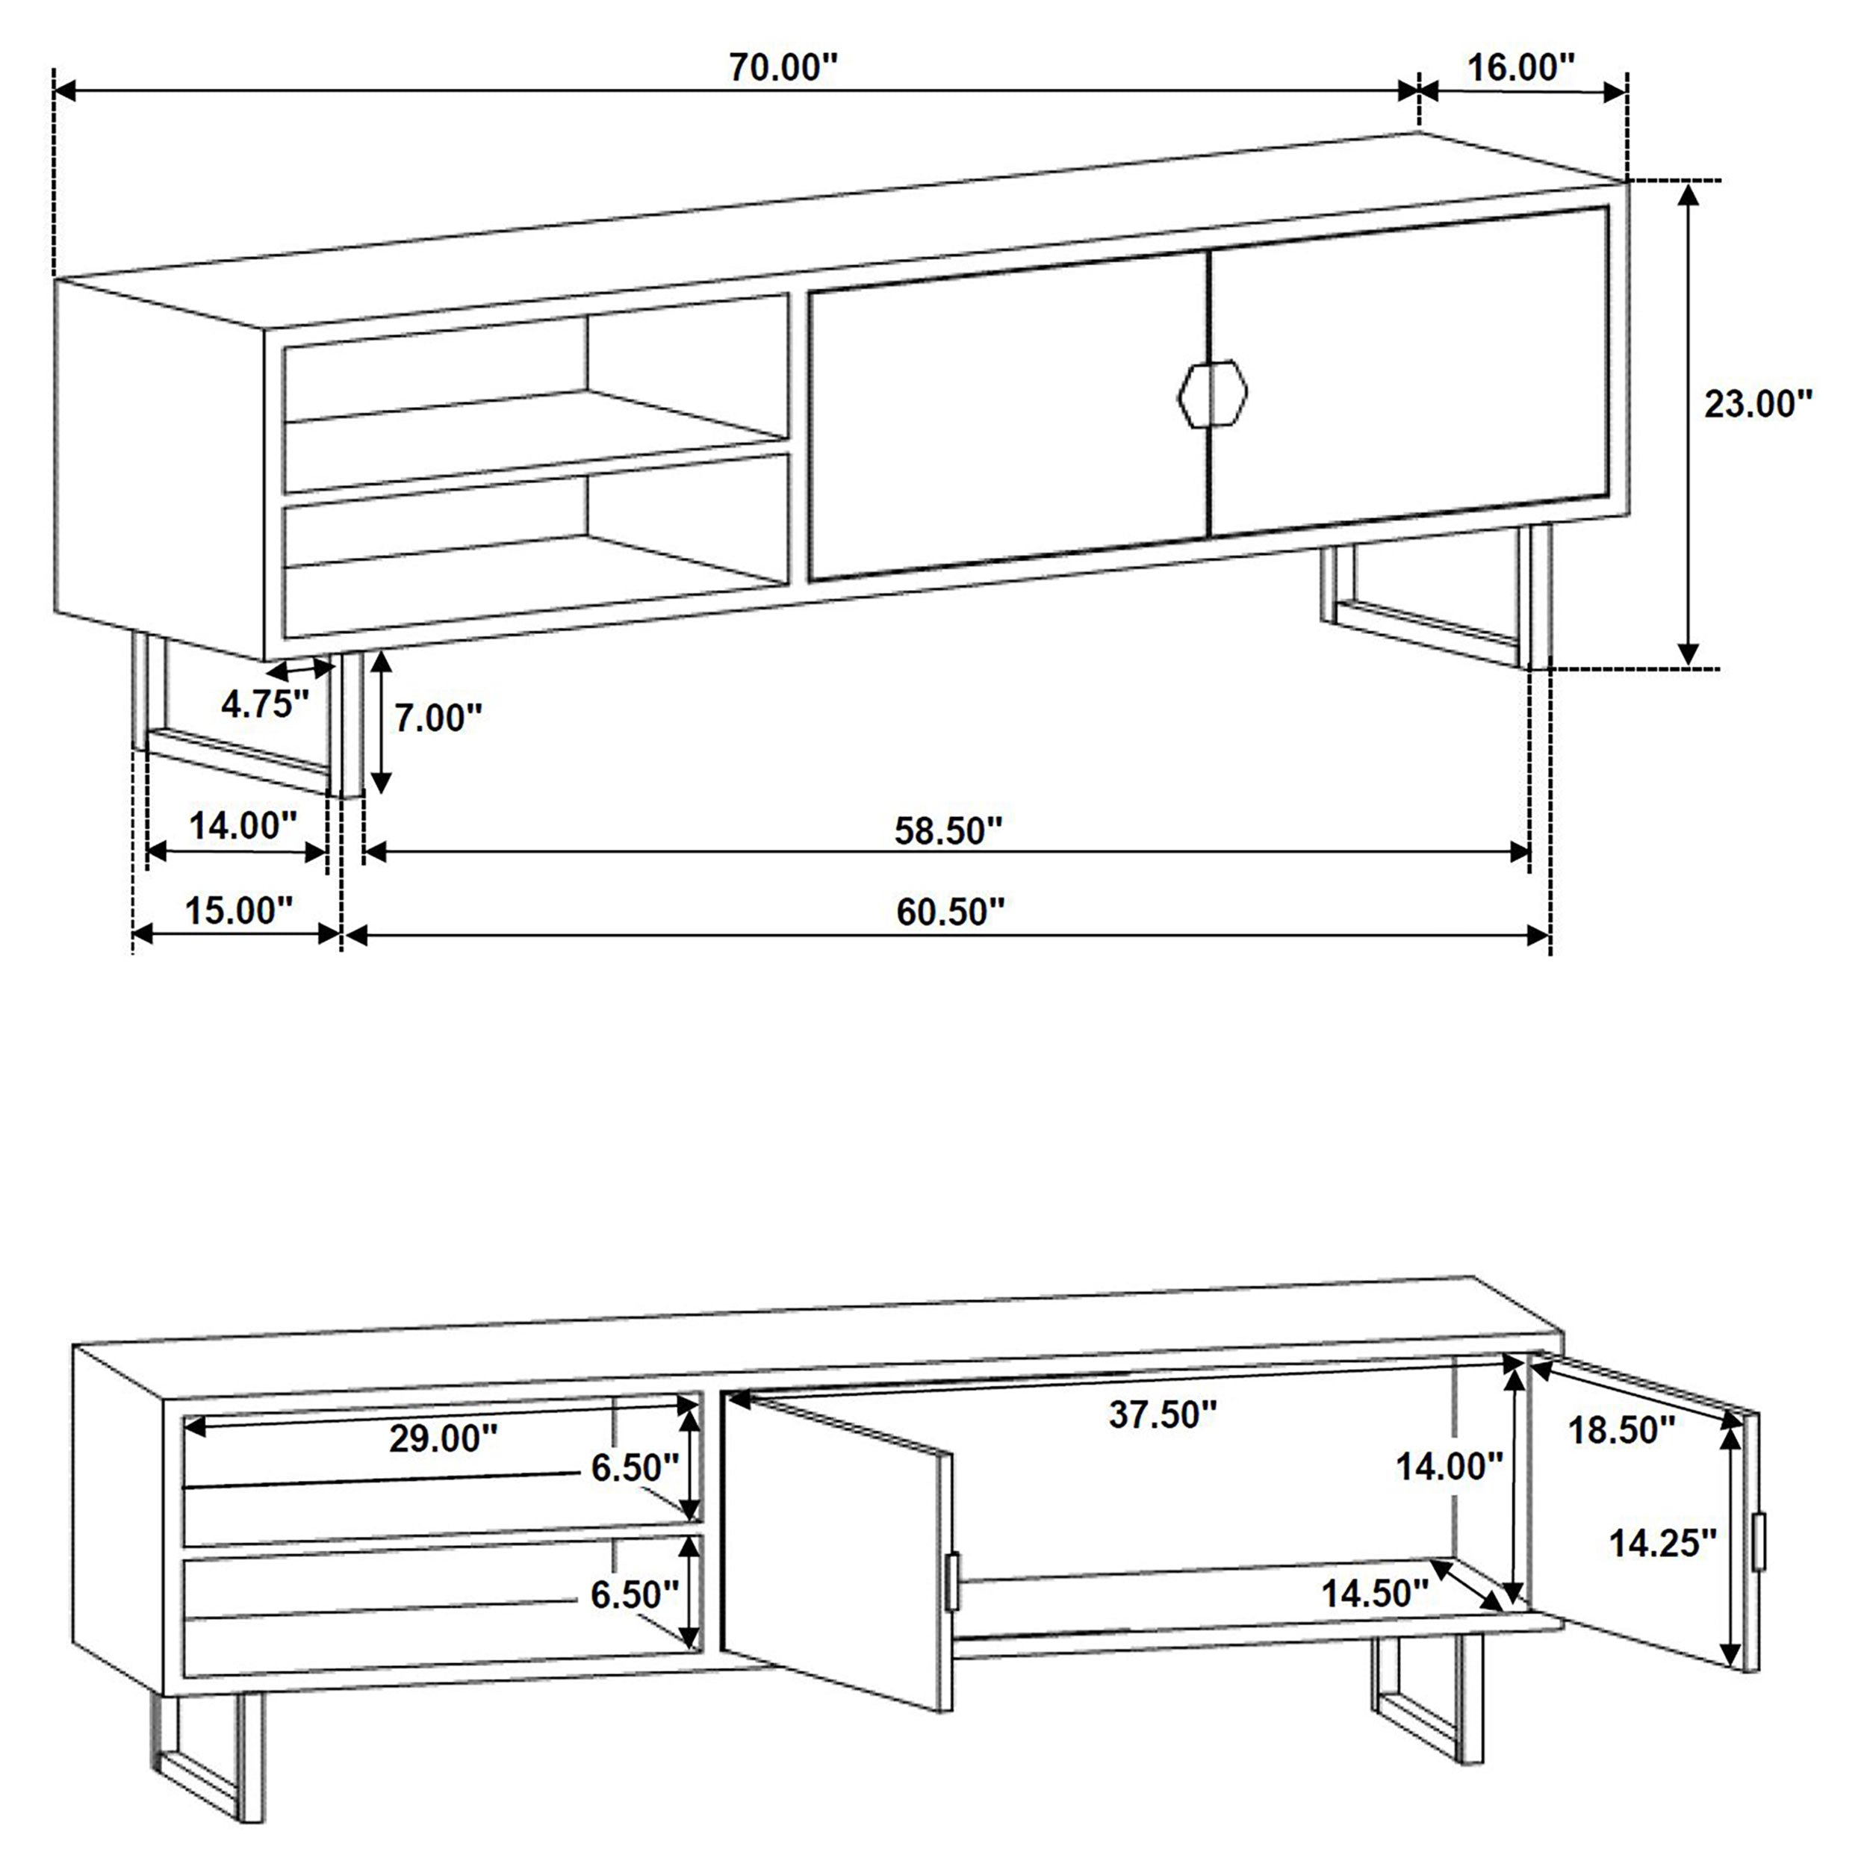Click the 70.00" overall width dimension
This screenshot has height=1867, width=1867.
click(x=783, y=69)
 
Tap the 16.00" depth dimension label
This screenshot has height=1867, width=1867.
click(x=1521, y=68)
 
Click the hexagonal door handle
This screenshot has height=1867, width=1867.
click(x=1213, y=392)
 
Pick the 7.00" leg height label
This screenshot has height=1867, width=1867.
click(x=437, y=718)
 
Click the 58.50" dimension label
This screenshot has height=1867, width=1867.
click(x=947, y=830)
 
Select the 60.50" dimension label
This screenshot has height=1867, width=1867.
click(x=950, y=911)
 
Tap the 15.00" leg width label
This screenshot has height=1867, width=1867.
click(x=237, y=910)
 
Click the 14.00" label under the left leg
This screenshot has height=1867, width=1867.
click(x=241, y=826)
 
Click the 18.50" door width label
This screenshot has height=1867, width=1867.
click(x=1621, y=1430)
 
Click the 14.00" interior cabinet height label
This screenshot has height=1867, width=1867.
click(x=1449, y=1467)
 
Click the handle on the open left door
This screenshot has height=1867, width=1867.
click(x=953, y=1581)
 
